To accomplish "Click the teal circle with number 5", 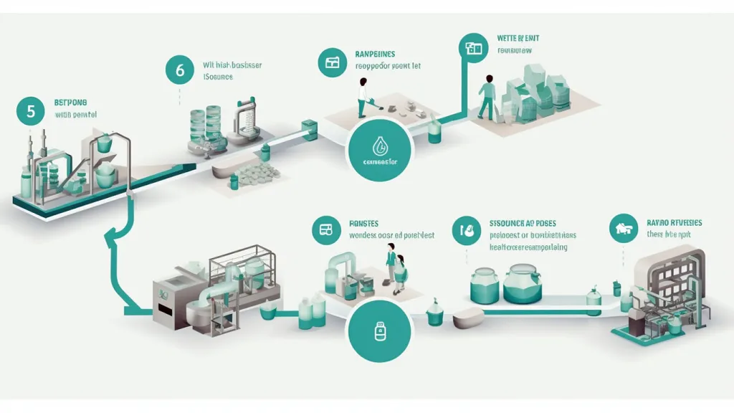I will pyautogui.click(x=30, y=111).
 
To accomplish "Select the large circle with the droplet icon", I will pyautogui.click(x=380, y=150).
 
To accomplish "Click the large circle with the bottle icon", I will pyautogui.click(x=380, y=332).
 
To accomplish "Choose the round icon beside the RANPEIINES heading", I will pyautogui.click(x=332, y=62).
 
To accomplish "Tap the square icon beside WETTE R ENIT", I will pyautogui.click(x=472, y=48).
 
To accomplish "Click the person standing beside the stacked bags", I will pyautogui.click(x=487, y=95).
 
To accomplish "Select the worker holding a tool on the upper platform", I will pyautogui.click(x=363, y=96).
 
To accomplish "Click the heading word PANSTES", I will pyautogui.click(x=363, y=224).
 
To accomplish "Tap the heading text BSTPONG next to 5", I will pyautogui.click(x=70, y=103).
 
